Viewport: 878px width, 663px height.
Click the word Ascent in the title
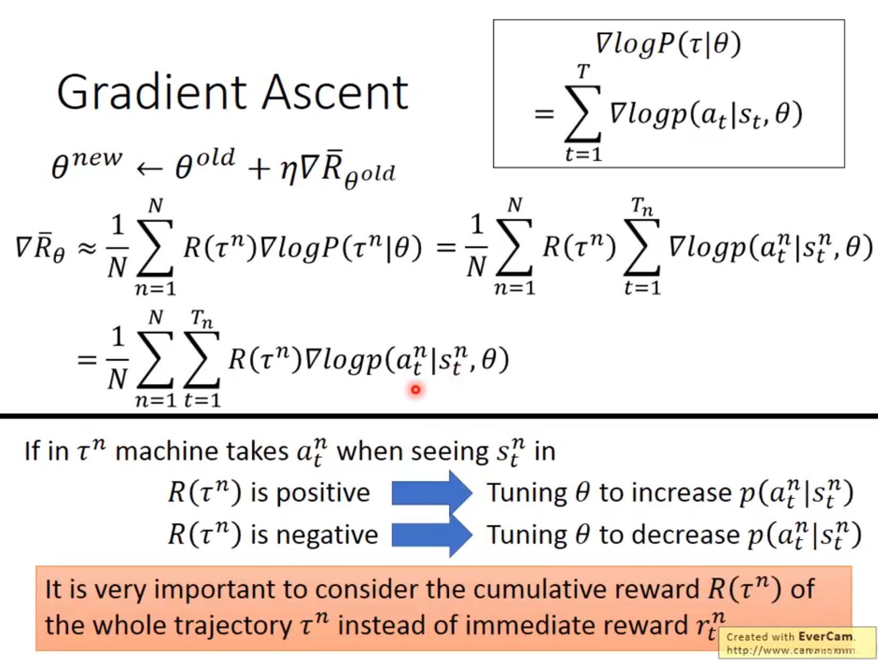335,92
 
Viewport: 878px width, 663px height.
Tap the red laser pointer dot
415,390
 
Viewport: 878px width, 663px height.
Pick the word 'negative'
327,534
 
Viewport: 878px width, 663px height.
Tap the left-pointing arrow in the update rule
149,169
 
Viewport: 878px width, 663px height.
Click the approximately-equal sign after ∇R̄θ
88,248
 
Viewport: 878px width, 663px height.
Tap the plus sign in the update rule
259,169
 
